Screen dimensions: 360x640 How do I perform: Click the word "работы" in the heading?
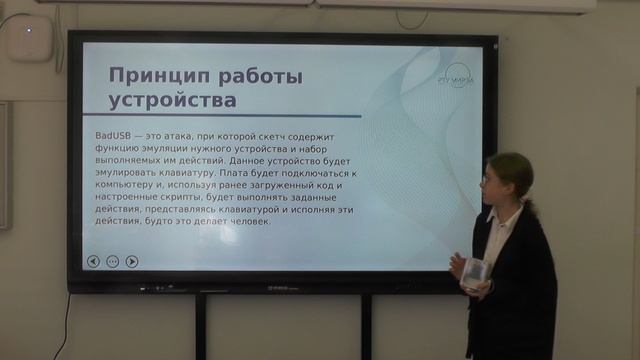[246, 76]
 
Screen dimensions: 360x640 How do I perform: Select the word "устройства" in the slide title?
[172, 100]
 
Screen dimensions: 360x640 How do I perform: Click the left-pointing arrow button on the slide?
[93, 262]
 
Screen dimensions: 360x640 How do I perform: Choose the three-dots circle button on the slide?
[112, 262]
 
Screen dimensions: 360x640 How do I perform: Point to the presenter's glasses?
[489, 179]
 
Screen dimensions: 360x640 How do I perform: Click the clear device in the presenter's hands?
[475, 271]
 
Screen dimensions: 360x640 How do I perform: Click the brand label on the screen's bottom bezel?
[284, 289]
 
